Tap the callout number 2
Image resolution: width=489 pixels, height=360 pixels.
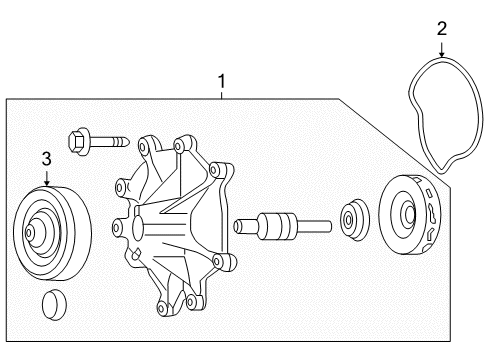pyautogui.click(x=441, y=28)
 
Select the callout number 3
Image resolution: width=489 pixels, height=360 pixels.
pyautogui.click(x=46, y=158)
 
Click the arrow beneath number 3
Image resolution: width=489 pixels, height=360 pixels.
pyautogui.click(x=46, y=181)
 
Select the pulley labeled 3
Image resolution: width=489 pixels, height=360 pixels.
pyautogui.click(x=50, y=235)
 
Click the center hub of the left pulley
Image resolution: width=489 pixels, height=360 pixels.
pyautogui.click(x=39, y=236)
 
